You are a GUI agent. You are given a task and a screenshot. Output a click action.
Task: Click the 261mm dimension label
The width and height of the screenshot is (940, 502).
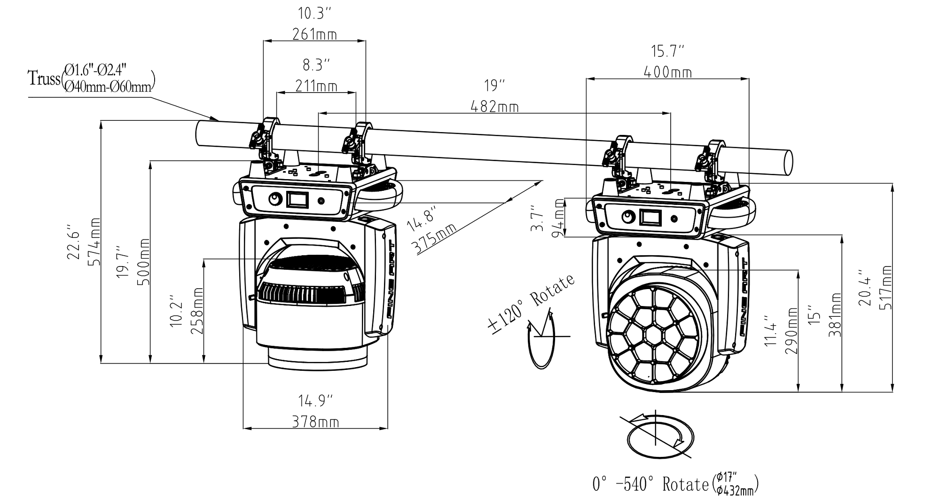[x=314, y=34]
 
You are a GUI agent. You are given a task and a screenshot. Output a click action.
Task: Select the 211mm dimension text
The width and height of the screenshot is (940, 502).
[x=316, y=86]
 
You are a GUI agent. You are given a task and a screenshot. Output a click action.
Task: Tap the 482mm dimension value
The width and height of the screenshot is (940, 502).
[x=494, y=107]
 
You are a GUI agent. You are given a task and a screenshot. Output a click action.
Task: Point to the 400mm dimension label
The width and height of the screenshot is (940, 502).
[x=667, y=72]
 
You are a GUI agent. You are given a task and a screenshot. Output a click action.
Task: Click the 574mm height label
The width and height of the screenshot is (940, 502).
[x=94, y=242]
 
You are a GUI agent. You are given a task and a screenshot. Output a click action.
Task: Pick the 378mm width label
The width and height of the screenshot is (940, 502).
[x=315, y=422]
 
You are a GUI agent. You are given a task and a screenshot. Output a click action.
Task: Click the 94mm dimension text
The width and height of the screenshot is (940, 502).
[x=559, y=218]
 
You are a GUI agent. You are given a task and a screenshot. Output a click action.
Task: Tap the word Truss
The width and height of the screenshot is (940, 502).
[x=44, y=78]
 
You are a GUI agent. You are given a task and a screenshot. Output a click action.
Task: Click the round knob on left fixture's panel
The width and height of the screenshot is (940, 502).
[x=274, y=200]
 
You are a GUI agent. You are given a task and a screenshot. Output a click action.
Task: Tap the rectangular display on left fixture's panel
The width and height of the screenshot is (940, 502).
[x=298, y=200]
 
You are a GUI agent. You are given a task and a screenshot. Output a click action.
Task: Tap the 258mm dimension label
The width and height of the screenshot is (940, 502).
[x=197, y=311]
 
